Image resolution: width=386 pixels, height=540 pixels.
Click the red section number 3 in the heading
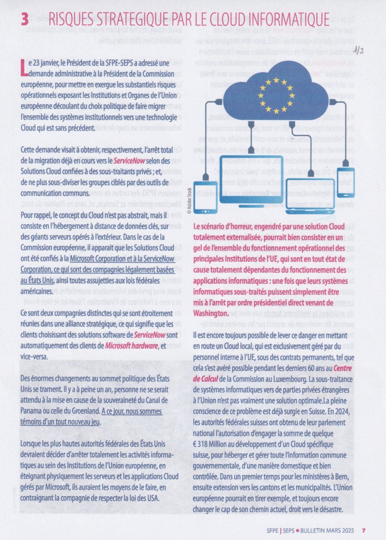[x=25, y=19]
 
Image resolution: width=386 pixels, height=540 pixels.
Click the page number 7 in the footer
[x=364, y=530]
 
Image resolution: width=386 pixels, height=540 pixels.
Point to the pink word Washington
[x=211, y=313]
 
